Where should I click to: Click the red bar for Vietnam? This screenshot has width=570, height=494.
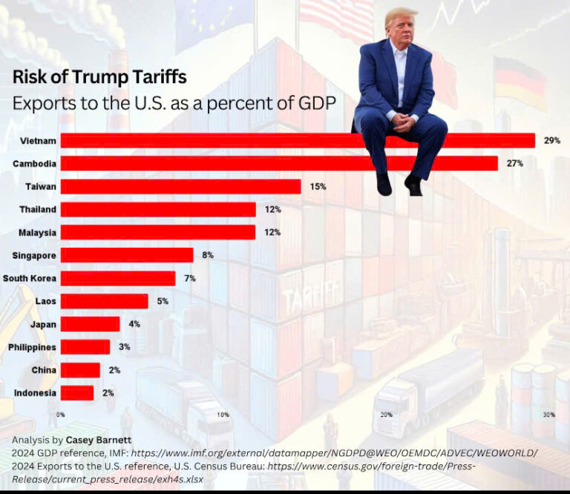(x=297, y=140)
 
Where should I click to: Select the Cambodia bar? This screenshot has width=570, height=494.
(x=278, y=163)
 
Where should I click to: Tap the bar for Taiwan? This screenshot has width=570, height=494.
(x=180, y=186)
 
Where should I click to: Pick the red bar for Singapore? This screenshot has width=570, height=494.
(x=126, y=255)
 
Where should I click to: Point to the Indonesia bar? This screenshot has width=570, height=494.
(x=77, y=393)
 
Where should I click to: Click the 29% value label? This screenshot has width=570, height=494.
(x=551, y=140)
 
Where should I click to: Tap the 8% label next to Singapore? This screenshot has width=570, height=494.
(x=208, y=255)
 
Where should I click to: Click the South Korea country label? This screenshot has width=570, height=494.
(x=30, y=278)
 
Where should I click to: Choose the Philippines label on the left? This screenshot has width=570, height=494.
(x=32, y=347)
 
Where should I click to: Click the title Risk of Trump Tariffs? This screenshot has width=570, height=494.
(x=99, y=77)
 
